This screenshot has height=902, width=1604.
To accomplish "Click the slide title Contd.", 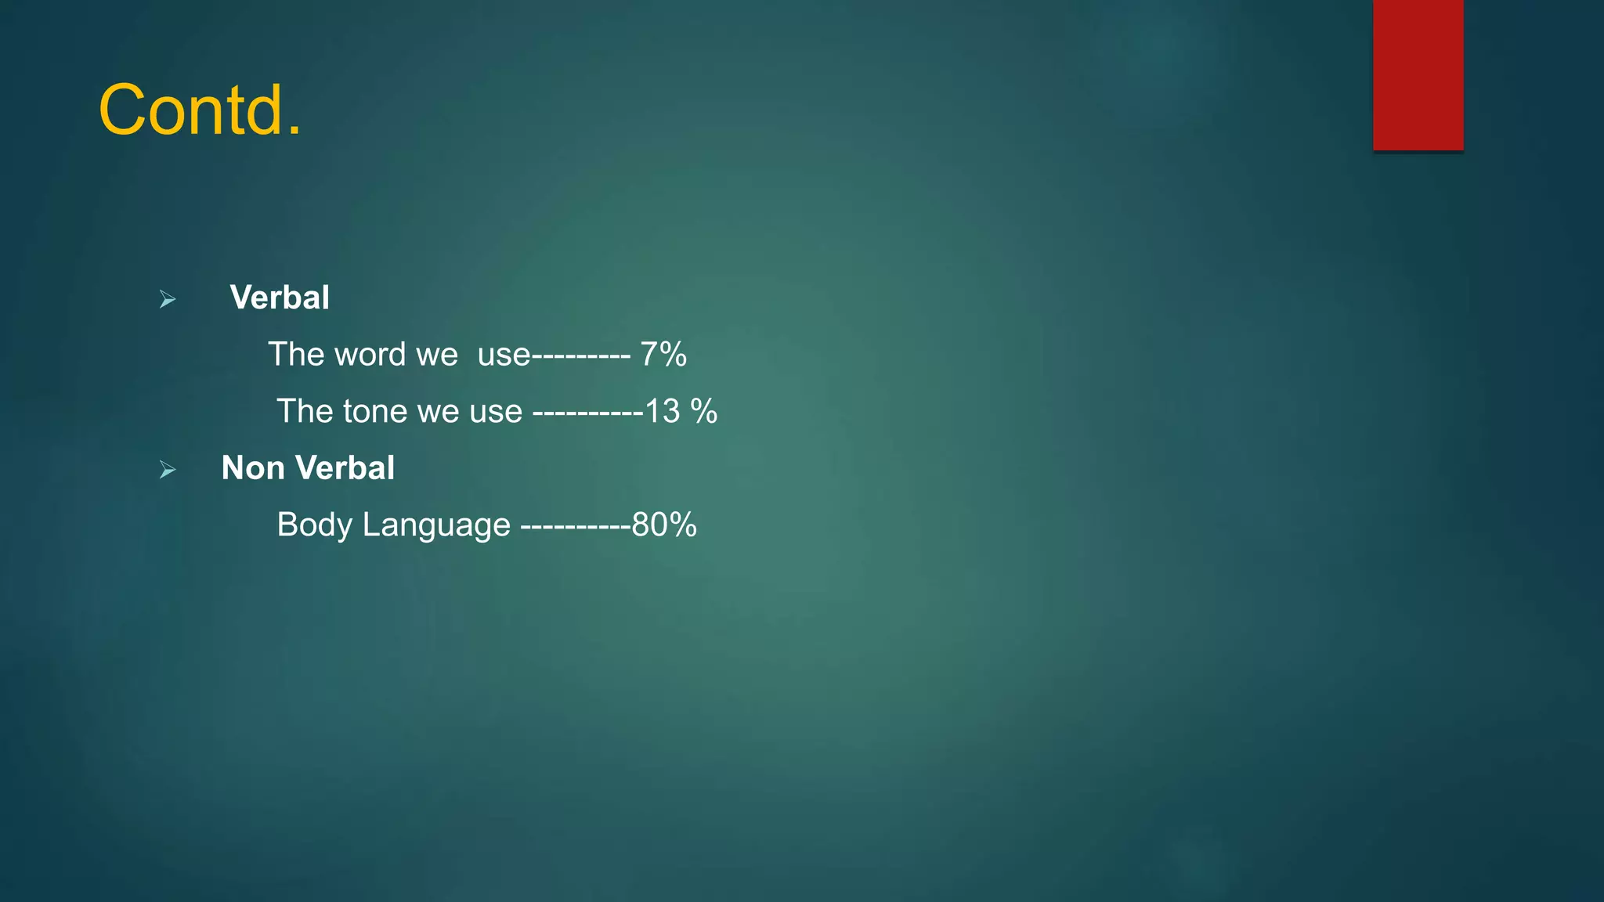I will tap(200, 110).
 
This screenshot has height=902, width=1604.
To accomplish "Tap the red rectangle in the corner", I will tap(1418, 75).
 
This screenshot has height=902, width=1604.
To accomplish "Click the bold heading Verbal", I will tap(280, 298).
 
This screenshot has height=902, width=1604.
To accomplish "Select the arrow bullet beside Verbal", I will tap(168, 299).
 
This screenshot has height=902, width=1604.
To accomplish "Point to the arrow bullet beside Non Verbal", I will tap(168, 470).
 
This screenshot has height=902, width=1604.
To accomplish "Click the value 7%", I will tap(663, 355).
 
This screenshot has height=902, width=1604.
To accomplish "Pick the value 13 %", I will tap(681, 412).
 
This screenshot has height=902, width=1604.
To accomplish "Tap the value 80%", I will tap(664, 525).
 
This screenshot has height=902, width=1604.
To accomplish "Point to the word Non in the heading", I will tap(253, 468).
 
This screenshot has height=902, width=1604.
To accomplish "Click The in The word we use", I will tap(290, 355).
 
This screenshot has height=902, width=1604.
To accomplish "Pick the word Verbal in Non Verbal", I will tap(345, 468).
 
